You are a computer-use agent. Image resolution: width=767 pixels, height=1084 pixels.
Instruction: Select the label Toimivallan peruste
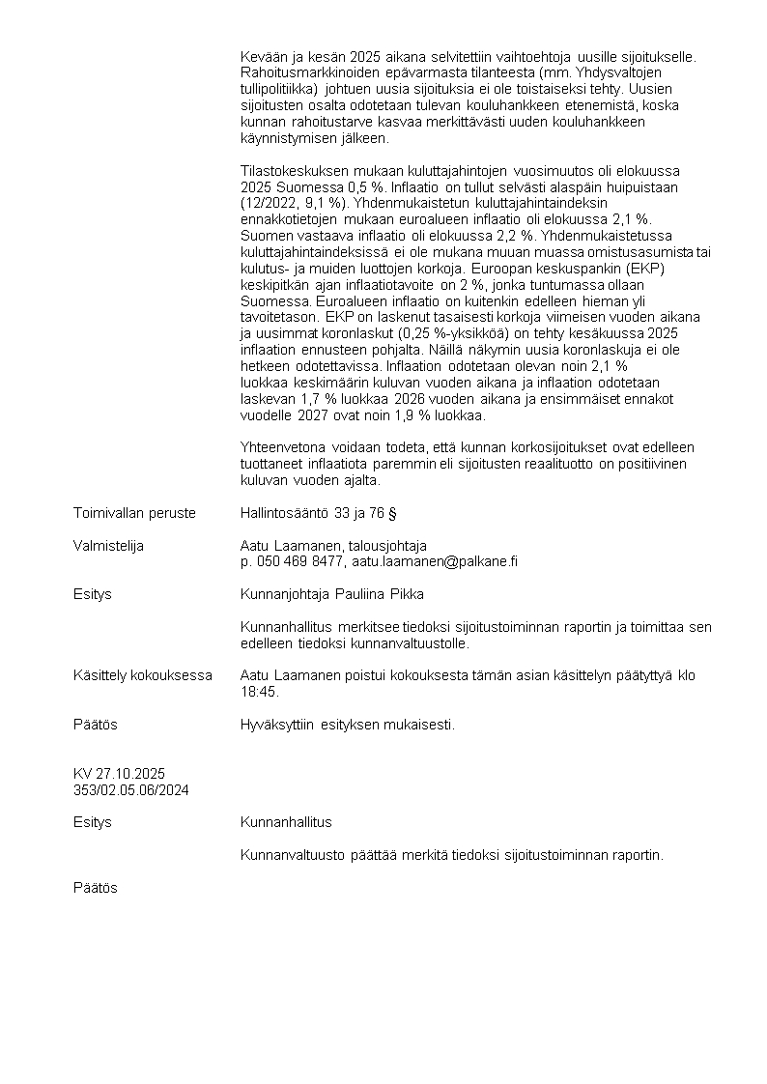pyautogui.click(x=134, y=513)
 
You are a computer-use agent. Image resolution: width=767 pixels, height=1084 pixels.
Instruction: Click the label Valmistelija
pyautogui.click(x=108, y=546)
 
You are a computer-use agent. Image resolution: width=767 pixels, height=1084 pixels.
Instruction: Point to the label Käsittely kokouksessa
pyautogui.click(x=143, y=675)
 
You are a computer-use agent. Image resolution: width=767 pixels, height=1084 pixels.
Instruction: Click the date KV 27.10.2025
pyautogui.click(x=119, y=774)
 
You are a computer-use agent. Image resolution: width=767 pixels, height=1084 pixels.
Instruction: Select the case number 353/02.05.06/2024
pyautogui.click(x=130, y=789)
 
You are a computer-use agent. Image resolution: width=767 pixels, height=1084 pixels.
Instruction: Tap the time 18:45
pyautogui.click(x=256, y=692)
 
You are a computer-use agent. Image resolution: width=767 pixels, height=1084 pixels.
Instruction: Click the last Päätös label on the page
pyautogui.click(x=96, y=888)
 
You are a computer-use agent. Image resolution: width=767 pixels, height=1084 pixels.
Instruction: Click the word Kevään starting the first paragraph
pyautogui.click(x=263, y=57)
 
